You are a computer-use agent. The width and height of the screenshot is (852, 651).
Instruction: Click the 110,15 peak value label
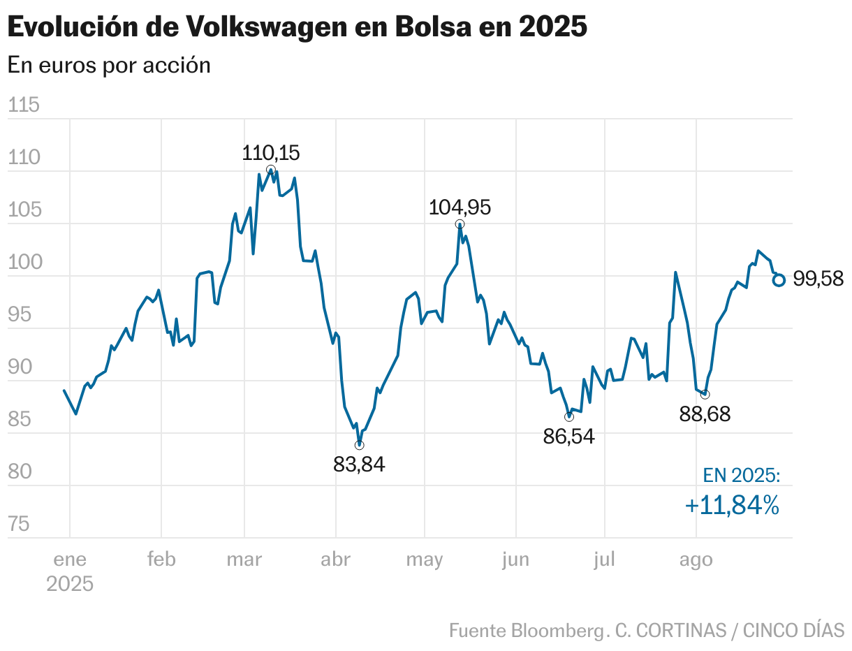pos(270,153)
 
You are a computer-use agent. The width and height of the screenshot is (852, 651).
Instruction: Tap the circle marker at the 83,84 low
pos(359,445)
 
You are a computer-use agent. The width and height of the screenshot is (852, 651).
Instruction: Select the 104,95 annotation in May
pos(460,207)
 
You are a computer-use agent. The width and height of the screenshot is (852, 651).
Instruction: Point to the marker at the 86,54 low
pos(569,417)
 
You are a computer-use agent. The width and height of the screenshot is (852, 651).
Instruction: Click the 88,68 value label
pos(705,414)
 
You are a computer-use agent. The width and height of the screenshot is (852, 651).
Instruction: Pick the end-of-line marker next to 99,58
pos(779,280)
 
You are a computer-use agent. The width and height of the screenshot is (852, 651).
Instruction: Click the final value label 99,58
pos(818,279)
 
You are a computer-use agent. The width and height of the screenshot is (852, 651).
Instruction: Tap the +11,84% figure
pos(732,505)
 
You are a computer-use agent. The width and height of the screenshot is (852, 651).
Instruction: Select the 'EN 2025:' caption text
pos(741,476)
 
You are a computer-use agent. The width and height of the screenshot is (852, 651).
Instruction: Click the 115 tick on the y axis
pos(22,105)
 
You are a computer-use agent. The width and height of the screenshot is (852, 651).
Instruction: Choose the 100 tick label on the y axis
pos(22,263)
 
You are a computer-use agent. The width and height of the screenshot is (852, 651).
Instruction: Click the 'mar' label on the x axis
pos(244,559)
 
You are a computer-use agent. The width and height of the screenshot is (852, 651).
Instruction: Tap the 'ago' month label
pos(696,559)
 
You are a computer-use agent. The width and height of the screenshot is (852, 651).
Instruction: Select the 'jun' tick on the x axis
pos(515,559)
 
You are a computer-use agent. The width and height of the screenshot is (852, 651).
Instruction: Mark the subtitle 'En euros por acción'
pos(109,65)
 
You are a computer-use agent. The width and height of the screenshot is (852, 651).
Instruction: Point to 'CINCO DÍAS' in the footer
pos(793,630)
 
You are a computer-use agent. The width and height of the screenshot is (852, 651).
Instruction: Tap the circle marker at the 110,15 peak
pos(271,170)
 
